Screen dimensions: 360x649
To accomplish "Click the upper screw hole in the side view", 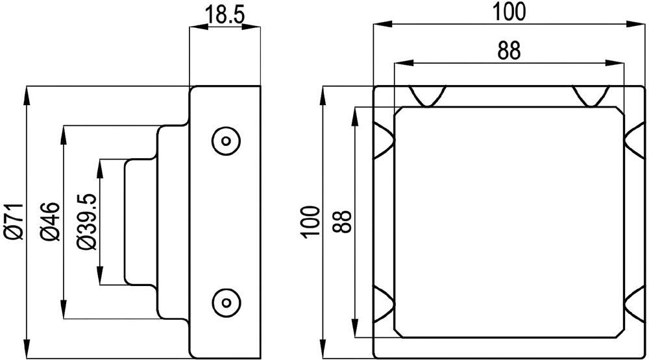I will [227, 140].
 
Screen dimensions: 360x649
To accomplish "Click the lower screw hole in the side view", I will [227, 301].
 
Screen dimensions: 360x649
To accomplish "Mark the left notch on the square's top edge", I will [427, 96].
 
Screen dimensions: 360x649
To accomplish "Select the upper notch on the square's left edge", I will [382, 139].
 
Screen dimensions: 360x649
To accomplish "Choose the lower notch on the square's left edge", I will [382, 304].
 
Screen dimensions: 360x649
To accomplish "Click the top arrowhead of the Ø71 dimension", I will [27, 91].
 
